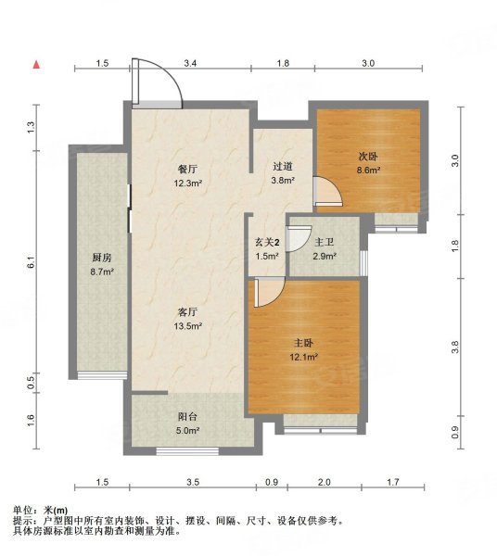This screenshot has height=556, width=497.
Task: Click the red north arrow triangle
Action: [36, 65]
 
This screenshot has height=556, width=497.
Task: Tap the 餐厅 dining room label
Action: [187, 170]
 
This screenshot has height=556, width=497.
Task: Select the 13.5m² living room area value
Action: [187, 326]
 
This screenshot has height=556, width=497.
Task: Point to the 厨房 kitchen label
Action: [102, 258]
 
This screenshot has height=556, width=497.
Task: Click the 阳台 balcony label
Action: [187, 417]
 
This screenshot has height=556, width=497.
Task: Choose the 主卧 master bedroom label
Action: [303, 343]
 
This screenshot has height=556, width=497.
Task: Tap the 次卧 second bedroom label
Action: [368, 156]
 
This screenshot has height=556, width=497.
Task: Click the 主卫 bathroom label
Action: [325, 243]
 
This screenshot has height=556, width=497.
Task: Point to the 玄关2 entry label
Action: [267, 243]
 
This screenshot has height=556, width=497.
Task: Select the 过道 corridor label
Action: [283, 166]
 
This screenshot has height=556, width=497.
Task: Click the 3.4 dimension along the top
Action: [190, 63]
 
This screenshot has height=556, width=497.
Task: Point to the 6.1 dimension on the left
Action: [32, 261]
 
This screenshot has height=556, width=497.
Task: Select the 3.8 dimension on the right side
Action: [456, 347]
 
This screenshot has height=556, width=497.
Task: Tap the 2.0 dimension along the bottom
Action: [325, 482]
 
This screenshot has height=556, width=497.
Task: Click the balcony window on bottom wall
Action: [187, 451]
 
